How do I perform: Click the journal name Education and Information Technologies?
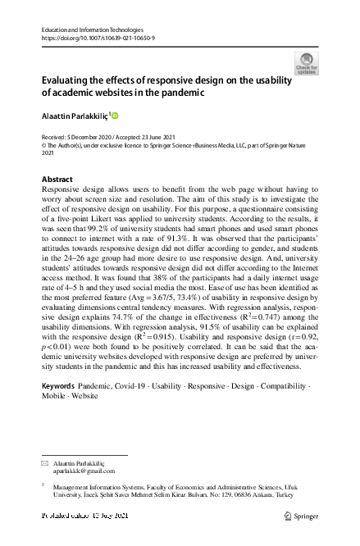(92, 29)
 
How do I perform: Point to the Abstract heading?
(57, 179)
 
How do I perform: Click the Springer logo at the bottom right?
(301, 516)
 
